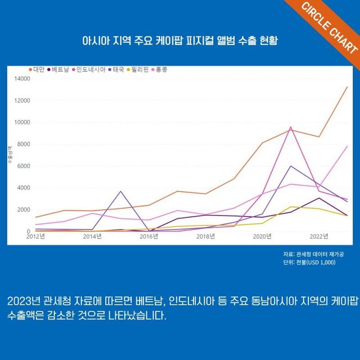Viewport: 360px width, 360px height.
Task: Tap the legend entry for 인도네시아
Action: click(x=89, y=70)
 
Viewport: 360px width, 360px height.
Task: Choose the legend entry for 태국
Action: click(x=118, y=70)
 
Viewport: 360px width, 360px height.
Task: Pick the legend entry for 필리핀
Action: click(x=138, y=70)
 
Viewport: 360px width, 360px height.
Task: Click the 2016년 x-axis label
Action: click(x=149, y=236)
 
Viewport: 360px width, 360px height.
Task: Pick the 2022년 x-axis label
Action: click(x=319, y=236)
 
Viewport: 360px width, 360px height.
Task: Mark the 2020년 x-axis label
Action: click(x=262, y=236)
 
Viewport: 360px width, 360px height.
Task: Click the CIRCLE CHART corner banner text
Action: click(x=328, y=27)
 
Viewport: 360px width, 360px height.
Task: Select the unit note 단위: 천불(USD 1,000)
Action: click(x=309, y=262)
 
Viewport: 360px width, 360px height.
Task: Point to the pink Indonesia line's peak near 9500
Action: click(x=291, y=127)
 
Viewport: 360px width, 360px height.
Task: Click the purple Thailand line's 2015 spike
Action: click(x=120, y=191)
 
